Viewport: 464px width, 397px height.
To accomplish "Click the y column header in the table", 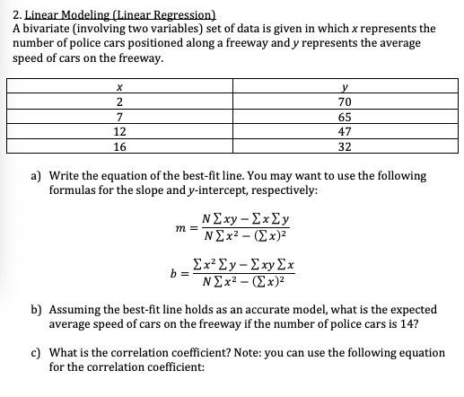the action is tap(346, 87).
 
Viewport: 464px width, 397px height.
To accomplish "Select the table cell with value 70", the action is tap(346, 102).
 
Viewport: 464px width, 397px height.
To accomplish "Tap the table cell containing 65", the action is tap(346, 117).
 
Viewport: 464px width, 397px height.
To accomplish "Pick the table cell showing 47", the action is tap(346, 132).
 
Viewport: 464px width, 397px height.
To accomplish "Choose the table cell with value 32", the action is tap(346, 147).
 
